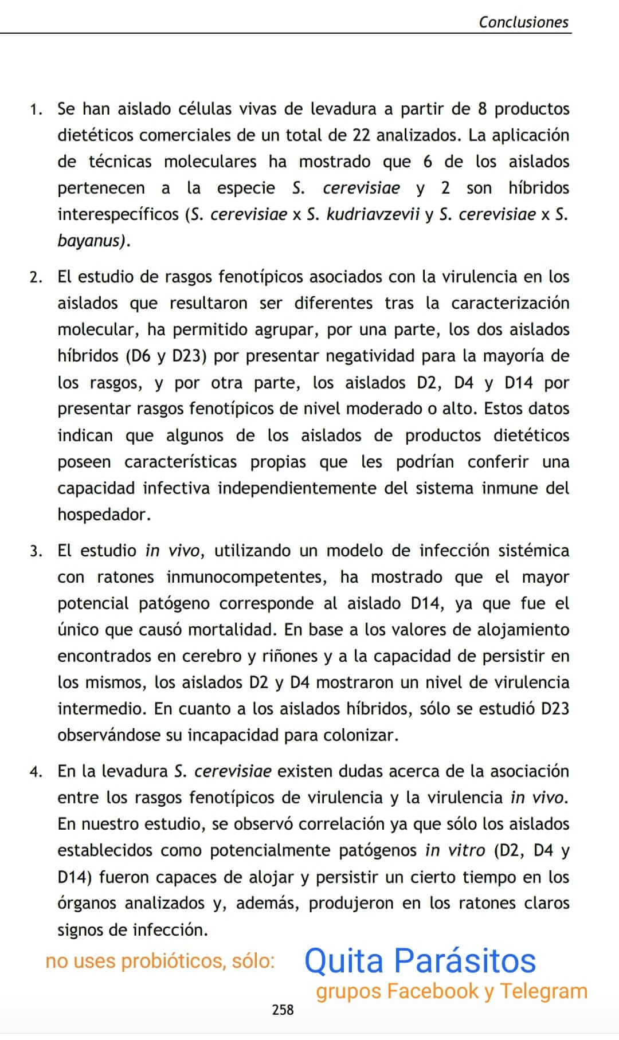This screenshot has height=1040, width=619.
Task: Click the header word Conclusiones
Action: pos(523,22)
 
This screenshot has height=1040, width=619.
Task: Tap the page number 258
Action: pos(283,1009)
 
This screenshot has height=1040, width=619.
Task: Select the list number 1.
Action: pos(36,109)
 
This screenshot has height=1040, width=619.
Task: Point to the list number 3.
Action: pos(36,551)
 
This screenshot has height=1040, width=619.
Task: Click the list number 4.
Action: pos(36,772)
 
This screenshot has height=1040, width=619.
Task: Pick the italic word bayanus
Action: pos(91,241)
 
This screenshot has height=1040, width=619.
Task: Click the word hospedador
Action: pos(104,515)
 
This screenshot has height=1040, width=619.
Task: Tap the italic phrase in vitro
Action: pos(455,850)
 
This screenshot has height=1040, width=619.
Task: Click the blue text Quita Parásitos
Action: pos(420,961)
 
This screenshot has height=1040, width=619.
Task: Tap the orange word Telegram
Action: pos(543,991)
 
